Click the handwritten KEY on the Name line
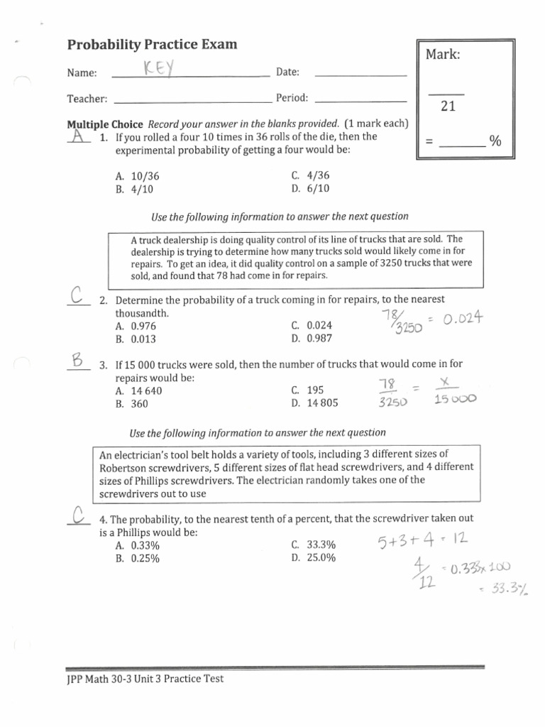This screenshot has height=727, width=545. [160, 70]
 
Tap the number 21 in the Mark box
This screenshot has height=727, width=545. [447, 106]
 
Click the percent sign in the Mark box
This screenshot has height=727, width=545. [495, 141]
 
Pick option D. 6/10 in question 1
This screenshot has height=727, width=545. [310, 189]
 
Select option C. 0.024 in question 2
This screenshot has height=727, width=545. [311, 326]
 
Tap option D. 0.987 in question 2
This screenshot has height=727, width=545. [311, 339]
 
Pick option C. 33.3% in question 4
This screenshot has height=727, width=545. [313, 545]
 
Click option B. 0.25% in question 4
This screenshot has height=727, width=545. [136, 558]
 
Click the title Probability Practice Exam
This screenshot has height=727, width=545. [153, 45]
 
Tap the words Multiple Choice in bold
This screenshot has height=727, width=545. [105, 124]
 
